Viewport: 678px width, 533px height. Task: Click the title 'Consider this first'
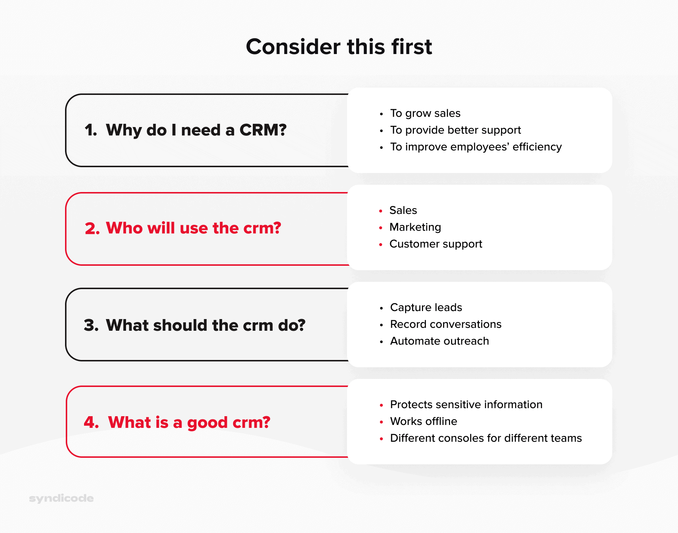pyautogui.click(x=339, y=47)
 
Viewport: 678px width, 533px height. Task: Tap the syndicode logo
pyautogui.click(x=61, y=498)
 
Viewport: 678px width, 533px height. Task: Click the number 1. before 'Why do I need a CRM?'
pyautogui.click(x=91, y=130)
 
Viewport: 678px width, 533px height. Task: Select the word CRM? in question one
pyautogui.click(x=263, y=130)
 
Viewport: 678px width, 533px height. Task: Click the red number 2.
pyautogui.click(x=92, y=229)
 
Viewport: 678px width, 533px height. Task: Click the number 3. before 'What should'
pyautogui.click(x=91, y=325)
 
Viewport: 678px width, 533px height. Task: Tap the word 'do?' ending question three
pyautogui.click(x=292, y=325)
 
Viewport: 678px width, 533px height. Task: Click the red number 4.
pyautogui.click(x=91, y=422)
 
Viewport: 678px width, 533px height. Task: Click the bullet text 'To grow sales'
pyautogui.click(x=425, y=114)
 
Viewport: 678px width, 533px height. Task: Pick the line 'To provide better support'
pyautogui.click(x=455, y=130)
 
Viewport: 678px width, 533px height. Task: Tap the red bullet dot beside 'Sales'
pyautogui.click(x=381, y=211)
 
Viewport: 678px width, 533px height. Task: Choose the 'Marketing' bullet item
pyautogui.click(x=415, y=227)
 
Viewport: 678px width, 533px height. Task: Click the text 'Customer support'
pyautogui.click(x=435, y=244)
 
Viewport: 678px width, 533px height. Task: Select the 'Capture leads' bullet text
pyautogui.click(x=426, y=308)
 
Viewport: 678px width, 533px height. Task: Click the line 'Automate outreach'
pyautogui.click(x=439, y=341)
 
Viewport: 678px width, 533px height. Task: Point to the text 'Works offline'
pyautogui.click(x=423, y=422)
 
